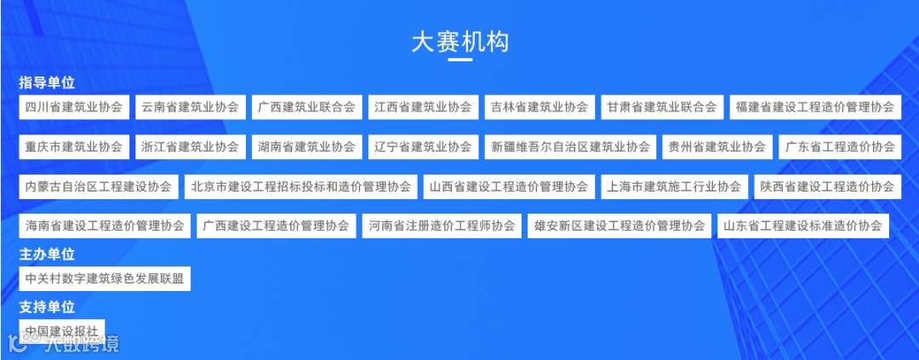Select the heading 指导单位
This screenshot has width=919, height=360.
(x=48, y=83)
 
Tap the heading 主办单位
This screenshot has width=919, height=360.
(x=48, y=254)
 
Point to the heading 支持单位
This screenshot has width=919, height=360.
(x=48, y=307)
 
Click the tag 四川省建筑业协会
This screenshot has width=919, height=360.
(x=74, y=107)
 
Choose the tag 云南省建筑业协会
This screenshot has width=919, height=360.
(x=191, y=107)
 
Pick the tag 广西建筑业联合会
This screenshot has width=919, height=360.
(x=307, y=107)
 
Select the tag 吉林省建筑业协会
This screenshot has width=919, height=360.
(x=539, y=107)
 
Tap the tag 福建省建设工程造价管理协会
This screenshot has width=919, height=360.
(x=815, y=107)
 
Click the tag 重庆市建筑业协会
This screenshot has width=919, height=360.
(x=74, y=146)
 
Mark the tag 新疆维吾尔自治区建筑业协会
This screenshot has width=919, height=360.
(x=571, y=146)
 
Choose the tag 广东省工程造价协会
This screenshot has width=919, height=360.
(x=840, y=146)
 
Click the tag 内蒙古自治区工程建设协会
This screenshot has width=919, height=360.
(x=99, y=186)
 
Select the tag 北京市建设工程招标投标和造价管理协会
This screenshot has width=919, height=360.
(x=301, y=186)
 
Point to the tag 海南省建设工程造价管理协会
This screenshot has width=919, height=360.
(x=105, y=226)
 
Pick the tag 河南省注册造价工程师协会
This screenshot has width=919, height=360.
(x=442, y=226)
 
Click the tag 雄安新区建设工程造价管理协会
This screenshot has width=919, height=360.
(x=619, y=226)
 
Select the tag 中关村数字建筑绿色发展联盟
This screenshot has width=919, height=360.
(x=105, y=278)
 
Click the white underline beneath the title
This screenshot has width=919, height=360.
(x=459, y=60)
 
